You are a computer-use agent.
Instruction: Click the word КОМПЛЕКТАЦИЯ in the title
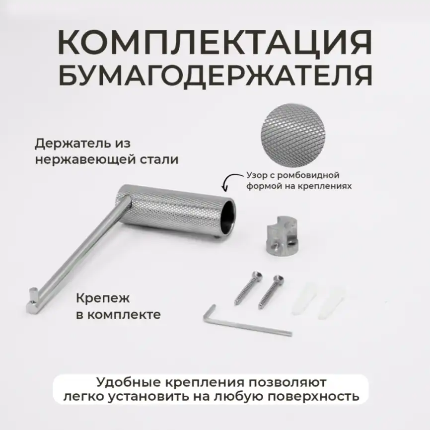click(215, 44)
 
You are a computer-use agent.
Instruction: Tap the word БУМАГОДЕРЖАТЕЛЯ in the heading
click(215, 75)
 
